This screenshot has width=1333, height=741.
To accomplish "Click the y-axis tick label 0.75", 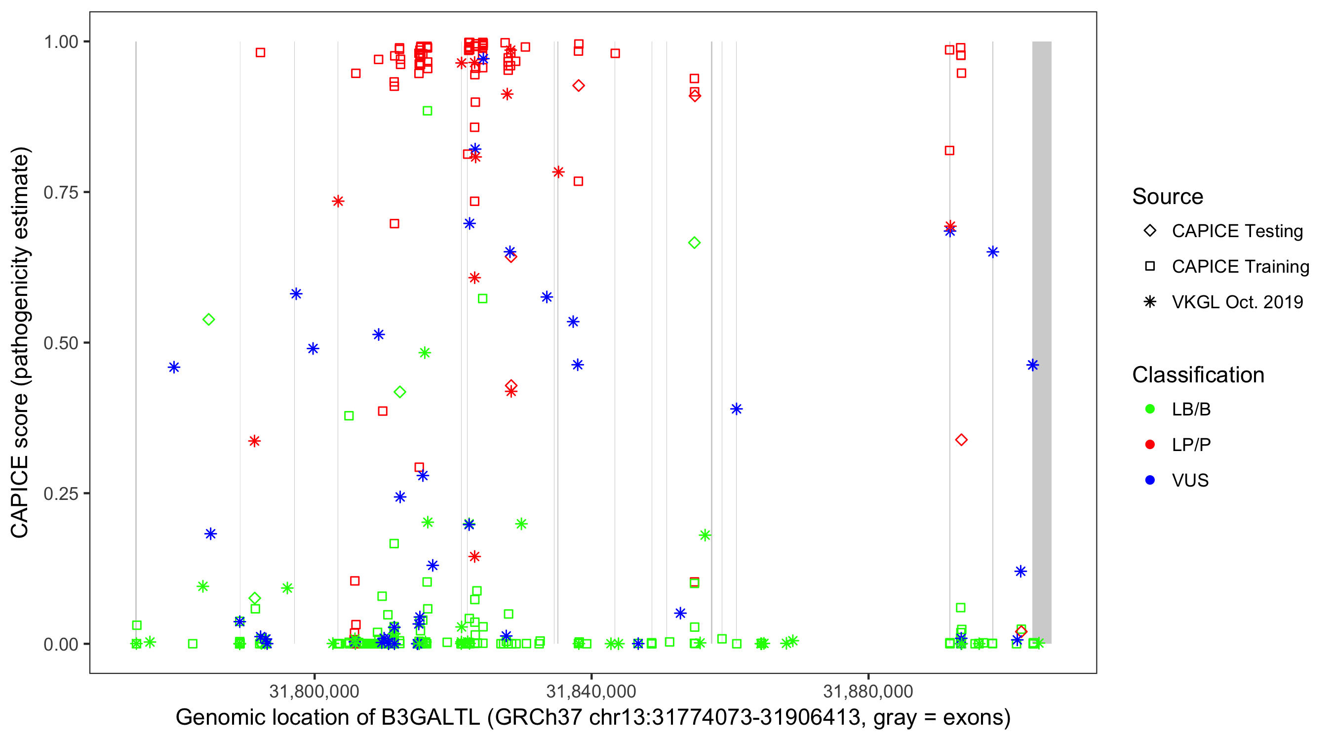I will point(60,193).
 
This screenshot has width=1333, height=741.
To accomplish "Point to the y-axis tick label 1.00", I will point(60,42).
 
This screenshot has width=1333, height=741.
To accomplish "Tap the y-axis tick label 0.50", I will point(60,343).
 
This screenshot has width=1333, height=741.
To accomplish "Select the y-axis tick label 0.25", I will point(60,494).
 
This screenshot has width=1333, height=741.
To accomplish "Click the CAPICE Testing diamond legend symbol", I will point(1150,230).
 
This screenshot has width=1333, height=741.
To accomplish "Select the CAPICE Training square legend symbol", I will point(1150,266).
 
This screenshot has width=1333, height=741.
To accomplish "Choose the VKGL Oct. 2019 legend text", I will point(1237,302).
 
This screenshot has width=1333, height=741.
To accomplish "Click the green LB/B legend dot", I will point(1150,409).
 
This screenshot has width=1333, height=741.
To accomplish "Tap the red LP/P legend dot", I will point(1150,445).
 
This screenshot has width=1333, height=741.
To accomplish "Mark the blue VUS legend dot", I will point(1150,480).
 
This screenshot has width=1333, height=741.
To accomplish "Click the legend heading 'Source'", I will point(1168,197).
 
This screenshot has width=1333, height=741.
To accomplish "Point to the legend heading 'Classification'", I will point(1197,375).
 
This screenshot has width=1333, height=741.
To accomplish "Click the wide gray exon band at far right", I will point(1041,342).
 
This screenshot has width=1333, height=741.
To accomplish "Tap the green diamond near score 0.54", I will point(208,320).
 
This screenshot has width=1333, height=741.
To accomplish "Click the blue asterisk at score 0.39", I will point(736,409).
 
